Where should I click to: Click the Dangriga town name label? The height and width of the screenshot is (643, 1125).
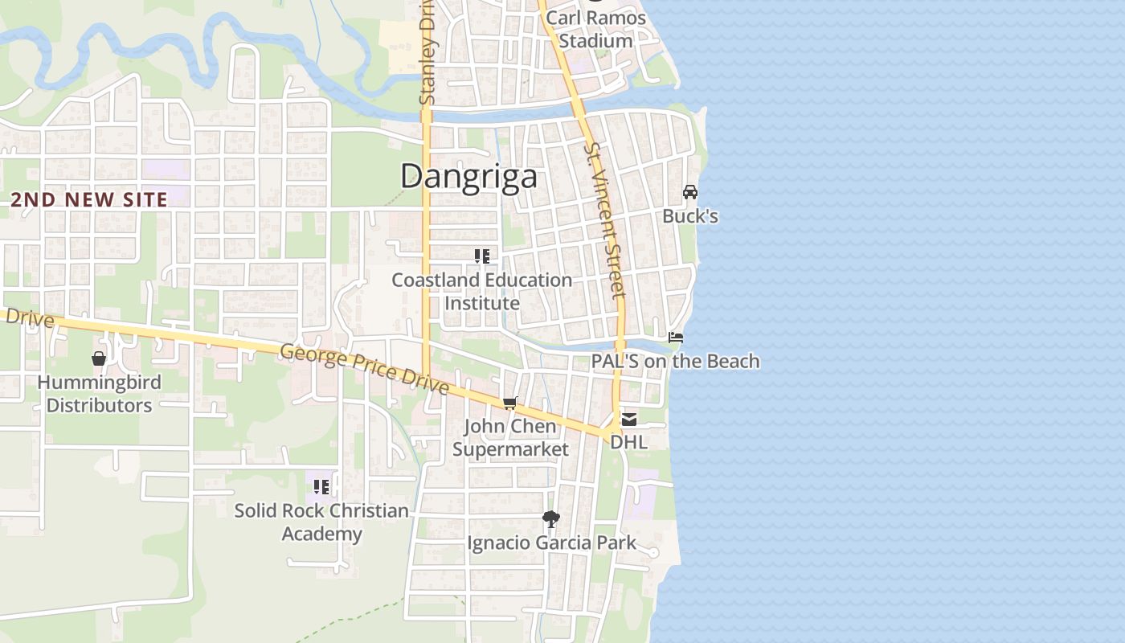(468, 176)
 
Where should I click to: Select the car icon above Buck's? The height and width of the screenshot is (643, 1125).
(689, 192)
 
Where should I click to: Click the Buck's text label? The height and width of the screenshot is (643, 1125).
(689, 216)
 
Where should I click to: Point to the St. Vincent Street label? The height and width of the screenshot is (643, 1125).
(605, 221)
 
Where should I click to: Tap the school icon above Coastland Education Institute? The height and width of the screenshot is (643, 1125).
(482, 256)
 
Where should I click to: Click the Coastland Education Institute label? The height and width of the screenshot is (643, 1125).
(482, 292)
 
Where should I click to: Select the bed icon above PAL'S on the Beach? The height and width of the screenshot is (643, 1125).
(676, 337)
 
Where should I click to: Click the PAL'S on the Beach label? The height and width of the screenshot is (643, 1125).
(675, 361)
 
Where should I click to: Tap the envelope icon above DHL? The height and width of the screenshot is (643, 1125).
(628, 419)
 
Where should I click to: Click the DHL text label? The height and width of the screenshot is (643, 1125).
(628, 442)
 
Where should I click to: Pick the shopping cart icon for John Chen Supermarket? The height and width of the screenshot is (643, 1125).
(509, 403)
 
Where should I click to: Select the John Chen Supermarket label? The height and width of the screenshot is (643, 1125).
(510, 437)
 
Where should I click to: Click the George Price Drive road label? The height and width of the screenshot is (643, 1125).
(364, 369)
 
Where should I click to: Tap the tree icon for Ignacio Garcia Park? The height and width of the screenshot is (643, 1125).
(550, 519)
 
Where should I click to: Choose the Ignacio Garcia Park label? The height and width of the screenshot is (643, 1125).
(551, 543)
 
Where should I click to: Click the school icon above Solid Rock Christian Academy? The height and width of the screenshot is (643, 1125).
(321, 486)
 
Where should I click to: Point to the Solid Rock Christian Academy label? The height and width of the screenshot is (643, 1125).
(321, 522)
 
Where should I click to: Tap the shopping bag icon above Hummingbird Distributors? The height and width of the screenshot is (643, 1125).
(99, 358)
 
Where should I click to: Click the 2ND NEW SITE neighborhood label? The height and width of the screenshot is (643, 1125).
(89, 200)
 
